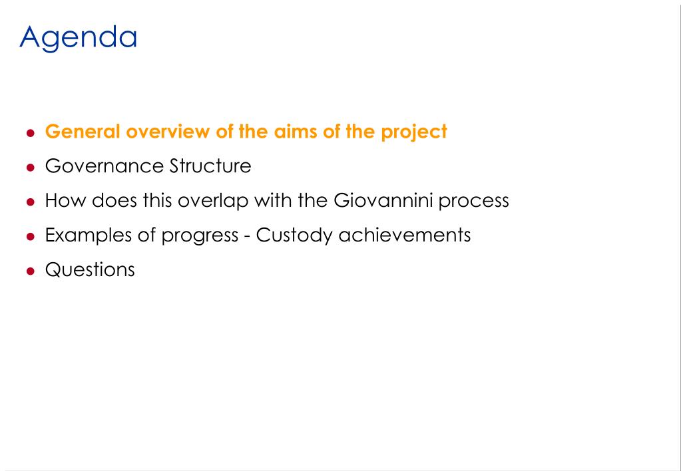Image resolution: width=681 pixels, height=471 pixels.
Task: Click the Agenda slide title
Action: [x=78, y=38]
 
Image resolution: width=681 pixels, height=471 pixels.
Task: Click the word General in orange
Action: [x=83, y=131]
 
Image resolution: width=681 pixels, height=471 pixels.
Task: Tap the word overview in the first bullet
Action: [x=168, y=131]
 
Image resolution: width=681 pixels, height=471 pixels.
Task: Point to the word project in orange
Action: [x=414, y=132]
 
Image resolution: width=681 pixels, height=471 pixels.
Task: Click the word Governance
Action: [x=105, y=166]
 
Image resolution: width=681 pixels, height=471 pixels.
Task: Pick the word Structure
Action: [x=210, y=166]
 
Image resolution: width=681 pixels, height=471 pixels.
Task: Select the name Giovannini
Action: [x=383, y=200]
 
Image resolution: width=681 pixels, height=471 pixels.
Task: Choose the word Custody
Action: [x=294, y=235]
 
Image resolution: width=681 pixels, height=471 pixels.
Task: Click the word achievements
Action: [x=404, y=235]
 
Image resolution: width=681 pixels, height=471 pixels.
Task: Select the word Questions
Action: [x=90, y=269]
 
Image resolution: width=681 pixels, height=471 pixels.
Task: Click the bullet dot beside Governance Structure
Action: [x=30, y=168]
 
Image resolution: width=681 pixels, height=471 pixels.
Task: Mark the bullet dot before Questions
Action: [x=30, y=271]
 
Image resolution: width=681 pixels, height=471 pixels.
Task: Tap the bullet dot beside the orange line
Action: [x=30, y=133]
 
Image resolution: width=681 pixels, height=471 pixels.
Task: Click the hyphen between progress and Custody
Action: [x=247, y=237]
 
